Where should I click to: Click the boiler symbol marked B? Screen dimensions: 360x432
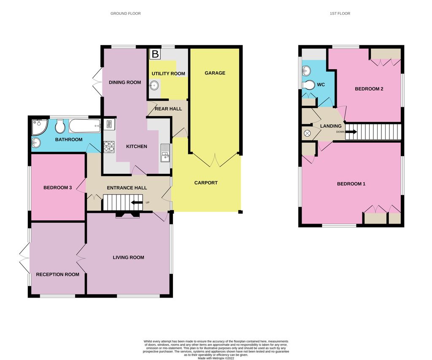tap(155, 54)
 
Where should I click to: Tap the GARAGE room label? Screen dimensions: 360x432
tap(215, 73)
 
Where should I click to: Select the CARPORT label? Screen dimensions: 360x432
tap(206, 183)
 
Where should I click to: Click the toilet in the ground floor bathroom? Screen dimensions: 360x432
tap(60, 125)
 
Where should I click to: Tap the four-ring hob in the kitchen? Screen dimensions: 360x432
tap(109, 146)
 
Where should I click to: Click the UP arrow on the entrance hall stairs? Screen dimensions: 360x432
tap(137, 203)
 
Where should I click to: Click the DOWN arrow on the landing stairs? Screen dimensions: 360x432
tap(351, 132)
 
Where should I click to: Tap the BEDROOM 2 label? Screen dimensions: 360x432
tap(369, 89)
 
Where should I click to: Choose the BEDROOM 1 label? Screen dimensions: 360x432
tap(351, 184)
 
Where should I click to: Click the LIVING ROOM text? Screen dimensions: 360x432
tap(128, 257)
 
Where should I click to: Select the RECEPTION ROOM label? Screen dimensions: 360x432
tap(57, 274)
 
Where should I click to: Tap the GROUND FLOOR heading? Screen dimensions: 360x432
tap(125, 14)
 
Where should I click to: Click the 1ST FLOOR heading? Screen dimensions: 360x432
tap(340, 14)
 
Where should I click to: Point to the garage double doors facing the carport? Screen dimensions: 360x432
tap(215, 159)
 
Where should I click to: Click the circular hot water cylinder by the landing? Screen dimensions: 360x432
tap(307, 133)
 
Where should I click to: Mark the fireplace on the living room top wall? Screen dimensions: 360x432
tap(127, 214)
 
